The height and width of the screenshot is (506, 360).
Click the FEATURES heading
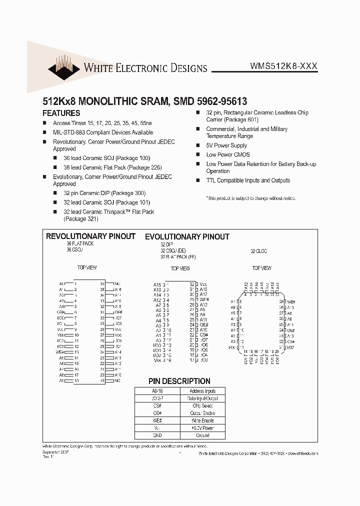click(61, 113)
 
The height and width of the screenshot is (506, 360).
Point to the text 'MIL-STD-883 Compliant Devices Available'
click(103, 132)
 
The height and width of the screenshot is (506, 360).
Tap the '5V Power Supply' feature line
click(226, 145)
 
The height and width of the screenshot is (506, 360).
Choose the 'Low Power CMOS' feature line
click(228, 155)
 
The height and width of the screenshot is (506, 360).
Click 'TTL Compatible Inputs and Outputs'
click(248, 180)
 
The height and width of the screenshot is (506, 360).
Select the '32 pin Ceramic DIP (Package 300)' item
click(104, 193)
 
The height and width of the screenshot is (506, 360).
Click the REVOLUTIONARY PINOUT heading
click(90, 236)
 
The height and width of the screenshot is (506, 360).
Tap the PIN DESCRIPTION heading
click(179, 381)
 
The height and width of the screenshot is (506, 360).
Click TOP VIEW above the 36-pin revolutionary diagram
click(87, 268)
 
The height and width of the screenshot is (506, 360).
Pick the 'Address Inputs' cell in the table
click(202, 391)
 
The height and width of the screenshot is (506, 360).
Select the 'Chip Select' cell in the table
click(202, 405)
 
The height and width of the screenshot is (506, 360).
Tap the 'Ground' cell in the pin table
click(202, 435)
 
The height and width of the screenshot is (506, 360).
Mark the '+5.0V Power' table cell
click(202, 428)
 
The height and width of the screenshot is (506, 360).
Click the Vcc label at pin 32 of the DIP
click(203, 284)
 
